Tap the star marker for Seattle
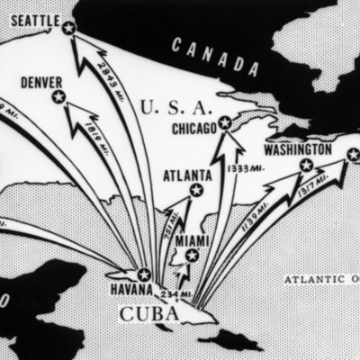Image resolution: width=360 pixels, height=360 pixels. point(68,28)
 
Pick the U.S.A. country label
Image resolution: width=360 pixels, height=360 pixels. point(177,108)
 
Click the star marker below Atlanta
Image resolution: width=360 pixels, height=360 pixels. point(196,190)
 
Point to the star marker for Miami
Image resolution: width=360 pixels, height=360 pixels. point(191,256)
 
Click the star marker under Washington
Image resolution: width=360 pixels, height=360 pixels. point(306,165)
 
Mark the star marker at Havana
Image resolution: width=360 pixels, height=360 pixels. point(143,274)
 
